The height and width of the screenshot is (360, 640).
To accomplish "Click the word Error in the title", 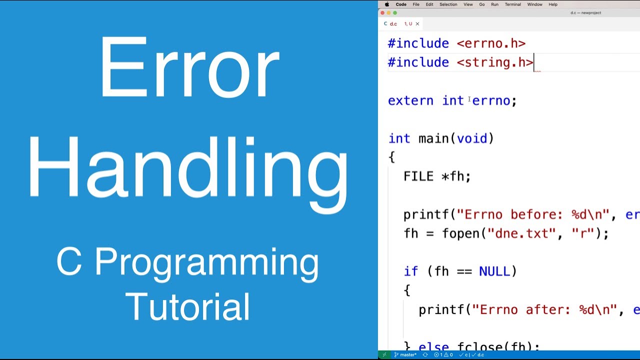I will pos(188,67).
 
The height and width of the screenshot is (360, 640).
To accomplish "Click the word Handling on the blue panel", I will pos(188,167).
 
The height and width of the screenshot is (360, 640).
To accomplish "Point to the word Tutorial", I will pos(187,306).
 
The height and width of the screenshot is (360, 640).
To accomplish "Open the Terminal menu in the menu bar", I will pos(512,4).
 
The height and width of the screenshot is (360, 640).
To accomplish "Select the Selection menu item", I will pos(448,4).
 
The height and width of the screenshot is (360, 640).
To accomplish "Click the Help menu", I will pos(553,4).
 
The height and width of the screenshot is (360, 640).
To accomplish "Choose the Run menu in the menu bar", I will pos(494,4).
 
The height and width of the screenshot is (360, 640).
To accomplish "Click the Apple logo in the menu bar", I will pos(386,4).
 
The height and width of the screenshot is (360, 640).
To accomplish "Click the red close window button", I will pos(382,13).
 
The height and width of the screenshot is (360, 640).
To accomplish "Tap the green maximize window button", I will pos(395,13).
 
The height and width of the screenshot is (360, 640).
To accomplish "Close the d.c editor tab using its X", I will pos(417,23).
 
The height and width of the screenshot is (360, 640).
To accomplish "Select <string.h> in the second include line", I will pos(495,62).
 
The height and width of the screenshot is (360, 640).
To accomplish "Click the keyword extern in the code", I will pos(410,100).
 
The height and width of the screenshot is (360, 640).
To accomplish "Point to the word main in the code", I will pos(434,138).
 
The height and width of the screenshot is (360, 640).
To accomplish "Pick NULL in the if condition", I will pos(494,271).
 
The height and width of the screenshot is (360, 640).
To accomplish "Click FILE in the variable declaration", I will pos(418,176).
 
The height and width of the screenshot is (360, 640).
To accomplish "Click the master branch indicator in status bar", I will pos(405,355).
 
